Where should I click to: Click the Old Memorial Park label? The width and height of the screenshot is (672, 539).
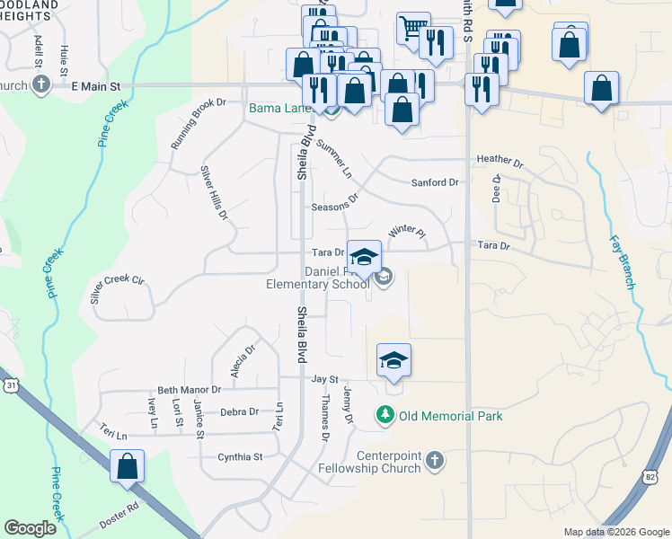coord(451,416)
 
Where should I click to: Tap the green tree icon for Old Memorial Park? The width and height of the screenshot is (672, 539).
coord(385,415)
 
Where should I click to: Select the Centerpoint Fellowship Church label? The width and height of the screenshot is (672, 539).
coord(388,462)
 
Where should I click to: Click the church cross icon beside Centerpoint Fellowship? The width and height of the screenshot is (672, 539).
coord(434,461)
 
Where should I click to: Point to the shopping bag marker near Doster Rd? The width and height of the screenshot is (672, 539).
coord(127,467)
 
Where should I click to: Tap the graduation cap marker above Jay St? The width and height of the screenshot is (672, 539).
coord(393,361)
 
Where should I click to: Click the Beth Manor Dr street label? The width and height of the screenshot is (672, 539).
coord(189,390)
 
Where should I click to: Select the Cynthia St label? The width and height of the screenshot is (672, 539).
coord(240,457)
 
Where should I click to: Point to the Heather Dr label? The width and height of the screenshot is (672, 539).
coord(500,160)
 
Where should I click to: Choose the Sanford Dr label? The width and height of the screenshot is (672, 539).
coord(435,182)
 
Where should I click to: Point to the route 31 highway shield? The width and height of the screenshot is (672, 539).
coord(9,384)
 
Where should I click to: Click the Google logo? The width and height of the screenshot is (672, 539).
coord(31,528)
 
